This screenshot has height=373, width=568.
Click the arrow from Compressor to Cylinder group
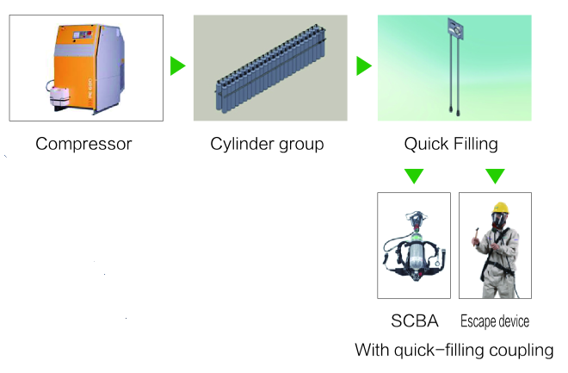177,66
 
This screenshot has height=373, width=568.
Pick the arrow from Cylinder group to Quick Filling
364,66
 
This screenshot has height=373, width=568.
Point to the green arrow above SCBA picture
413,176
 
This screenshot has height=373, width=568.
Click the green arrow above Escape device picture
494,176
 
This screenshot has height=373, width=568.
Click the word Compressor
83,144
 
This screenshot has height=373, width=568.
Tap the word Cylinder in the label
242,144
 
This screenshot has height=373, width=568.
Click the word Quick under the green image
424,144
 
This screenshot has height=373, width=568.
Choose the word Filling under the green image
476,144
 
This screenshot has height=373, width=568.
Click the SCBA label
415,321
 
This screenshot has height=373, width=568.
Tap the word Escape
478,321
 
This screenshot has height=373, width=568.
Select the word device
514,321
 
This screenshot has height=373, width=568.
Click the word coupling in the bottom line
521,351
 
